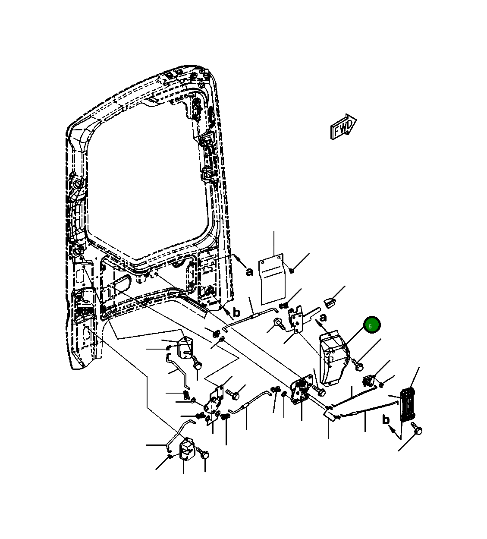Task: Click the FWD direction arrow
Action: [343, 127]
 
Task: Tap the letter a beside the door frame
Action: [249, 271]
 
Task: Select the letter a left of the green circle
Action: [323, 318]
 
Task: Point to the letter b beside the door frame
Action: [236, 312]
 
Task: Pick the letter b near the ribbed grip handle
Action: [386, 419]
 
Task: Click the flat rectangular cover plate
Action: [272, 280]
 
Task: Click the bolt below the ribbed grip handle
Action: [417, 430]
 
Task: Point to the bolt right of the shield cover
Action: [358, 365]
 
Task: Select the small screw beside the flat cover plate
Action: [292, 270]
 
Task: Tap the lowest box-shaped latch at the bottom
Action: [187, 449]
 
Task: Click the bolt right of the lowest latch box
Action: [204, 454]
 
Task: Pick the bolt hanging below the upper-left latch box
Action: [197, 363]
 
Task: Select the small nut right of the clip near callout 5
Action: [381, 384]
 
